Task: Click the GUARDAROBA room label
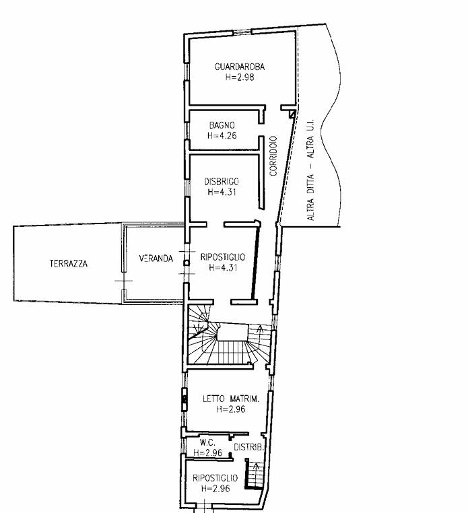[240, 67]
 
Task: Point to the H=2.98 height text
[240, 77]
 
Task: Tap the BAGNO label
[222, 125]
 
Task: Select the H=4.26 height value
[222, 135]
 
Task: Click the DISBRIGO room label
[222, 181]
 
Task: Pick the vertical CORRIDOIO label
[273, 156]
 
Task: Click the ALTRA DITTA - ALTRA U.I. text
[310, 170]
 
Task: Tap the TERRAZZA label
[69, 263]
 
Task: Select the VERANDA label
[156, 259]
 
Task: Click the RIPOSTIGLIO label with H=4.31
[223, 256]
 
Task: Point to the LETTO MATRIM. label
[231, 399]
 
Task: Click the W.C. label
[207, 443]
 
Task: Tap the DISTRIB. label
[248, 447]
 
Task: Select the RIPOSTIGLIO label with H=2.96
[215, 478]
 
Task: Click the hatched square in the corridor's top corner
[292, 114]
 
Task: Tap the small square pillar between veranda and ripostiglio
[187, 263]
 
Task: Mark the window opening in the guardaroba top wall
[242, 32]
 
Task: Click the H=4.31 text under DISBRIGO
[222, 192]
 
